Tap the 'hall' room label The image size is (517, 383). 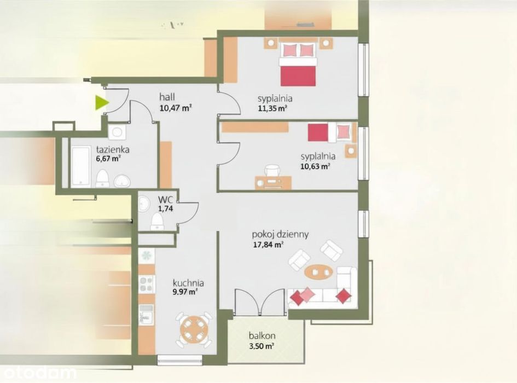(x=167, y=97)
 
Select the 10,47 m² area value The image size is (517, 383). (x=176, y=108)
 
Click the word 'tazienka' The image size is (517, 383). (x=113, y=149)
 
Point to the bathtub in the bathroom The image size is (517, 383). (x=81, y=166)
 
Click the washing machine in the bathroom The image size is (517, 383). (x=117, y=132)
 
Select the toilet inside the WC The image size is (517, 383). (x=157, y=221)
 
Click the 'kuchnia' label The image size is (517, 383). (x=188, y=283)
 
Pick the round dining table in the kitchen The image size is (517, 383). (x=194, y=329)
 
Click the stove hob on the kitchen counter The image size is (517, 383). (x=147, y=285)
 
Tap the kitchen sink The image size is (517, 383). (x=146, y=315)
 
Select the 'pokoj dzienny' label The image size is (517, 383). (x=280, y=235)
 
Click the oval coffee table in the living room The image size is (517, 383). (x=318, y=272)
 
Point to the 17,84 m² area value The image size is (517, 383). (x=268, y=245)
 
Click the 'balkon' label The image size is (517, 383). (x=262, y=336)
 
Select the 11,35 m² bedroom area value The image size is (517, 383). (x=272, y=109)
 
